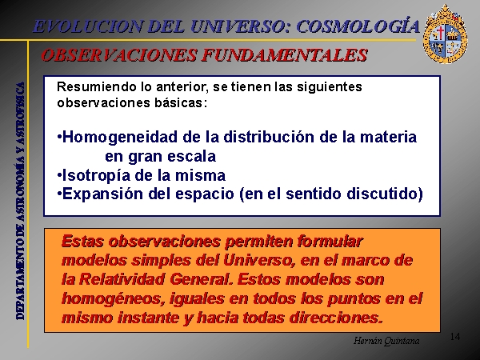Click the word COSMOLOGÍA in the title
[358, 26]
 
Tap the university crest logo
[445, 34]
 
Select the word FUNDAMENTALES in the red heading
[284, 55]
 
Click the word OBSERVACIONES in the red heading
[118, 55]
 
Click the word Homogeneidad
[120, 137]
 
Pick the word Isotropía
[96, 176]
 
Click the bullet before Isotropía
[59, 175]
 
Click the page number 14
[455, 337]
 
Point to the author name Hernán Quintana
[386, 341]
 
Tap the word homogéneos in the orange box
[112, 298]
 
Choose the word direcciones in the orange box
[337, 318]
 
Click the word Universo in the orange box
[259, 261]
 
